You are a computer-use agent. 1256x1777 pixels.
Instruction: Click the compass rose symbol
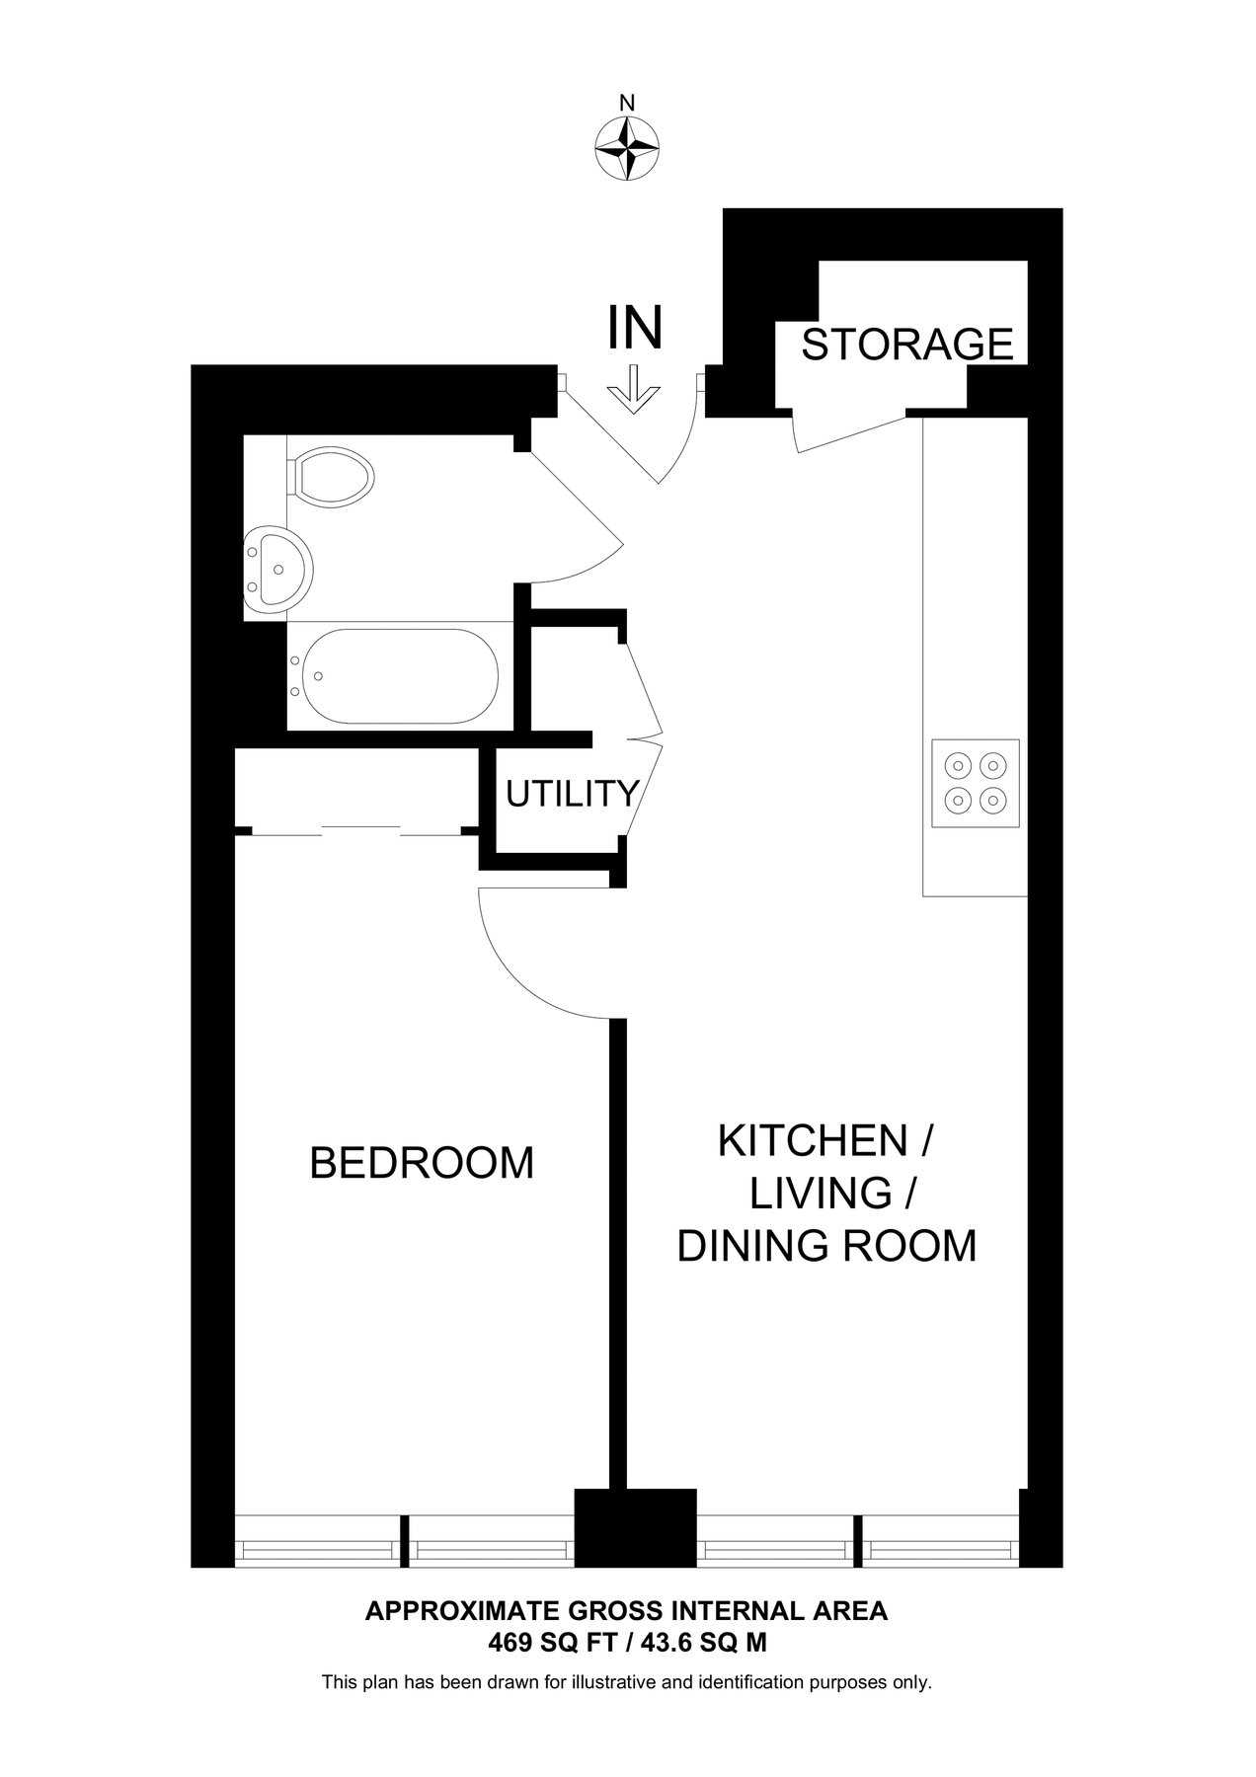[x=627, y=149]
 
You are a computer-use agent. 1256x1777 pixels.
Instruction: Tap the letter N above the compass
[x=627, y=102]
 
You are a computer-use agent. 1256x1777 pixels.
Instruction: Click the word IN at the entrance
[x=634, y=328]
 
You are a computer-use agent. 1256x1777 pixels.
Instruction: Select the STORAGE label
[x=906, y=345]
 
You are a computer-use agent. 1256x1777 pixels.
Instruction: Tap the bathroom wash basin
[x=278, y=571]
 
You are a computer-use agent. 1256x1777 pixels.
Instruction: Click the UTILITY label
[x=573, y=794]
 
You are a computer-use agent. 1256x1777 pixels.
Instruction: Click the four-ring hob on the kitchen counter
[x=975, y=783]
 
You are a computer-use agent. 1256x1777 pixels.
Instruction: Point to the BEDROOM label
[x=422, y=1163]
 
